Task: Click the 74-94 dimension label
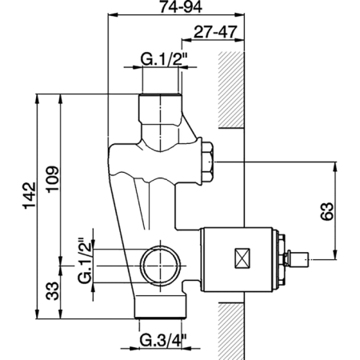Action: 181,6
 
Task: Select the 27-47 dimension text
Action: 215,32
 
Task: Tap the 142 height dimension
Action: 30,195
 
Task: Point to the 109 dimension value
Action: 52,179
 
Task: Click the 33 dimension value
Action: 52,291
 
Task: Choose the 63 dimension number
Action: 327,211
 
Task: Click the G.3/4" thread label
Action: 163,341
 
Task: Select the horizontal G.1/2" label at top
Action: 165,59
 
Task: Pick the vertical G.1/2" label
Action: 86,260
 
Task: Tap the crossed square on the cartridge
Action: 242,258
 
